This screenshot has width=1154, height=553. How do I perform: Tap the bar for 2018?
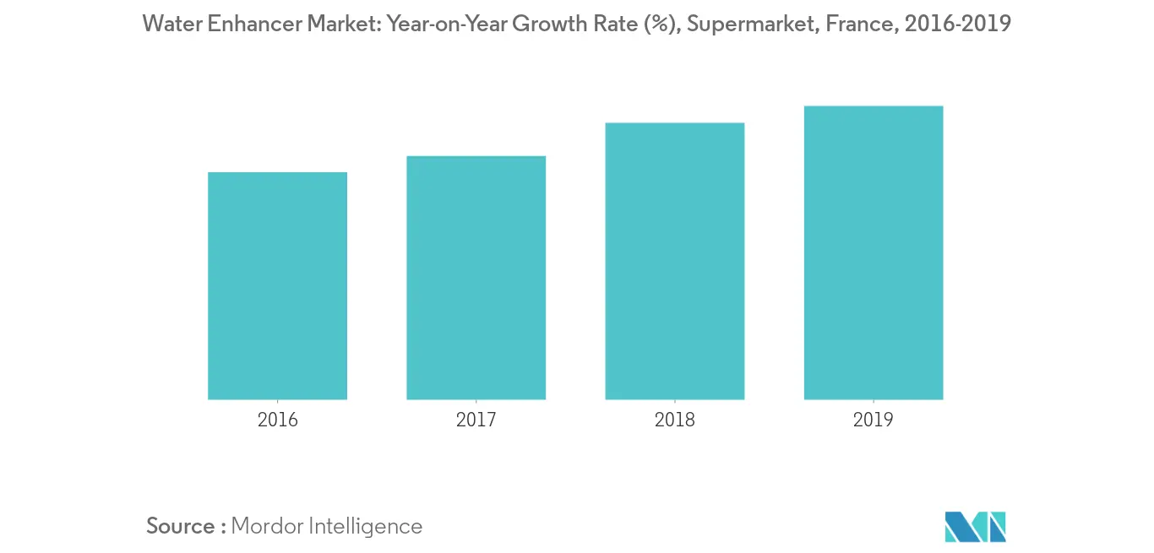[x=674, y=261]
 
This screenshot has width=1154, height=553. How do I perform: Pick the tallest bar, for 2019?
[x=873, y=252]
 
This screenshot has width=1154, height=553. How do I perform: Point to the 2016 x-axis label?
[x=277, y=420]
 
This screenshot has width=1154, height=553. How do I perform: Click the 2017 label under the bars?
[x=476, y=420]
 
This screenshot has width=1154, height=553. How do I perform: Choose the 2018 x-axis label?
[x=674, y=420]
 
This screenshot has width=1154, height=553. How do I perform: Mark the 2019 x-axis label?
[x=873, y=420]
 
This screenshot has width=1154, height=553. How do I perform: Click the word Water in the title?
[x=171, y=24]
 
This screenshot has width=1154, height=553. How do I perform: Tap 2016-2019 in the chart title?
[x=956, y=24]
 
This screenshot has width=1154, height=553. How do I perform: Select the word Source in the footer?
[x=181, y=526]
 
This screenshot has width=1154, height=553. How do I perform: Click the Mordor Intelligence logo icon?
[x=976, y=526]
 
